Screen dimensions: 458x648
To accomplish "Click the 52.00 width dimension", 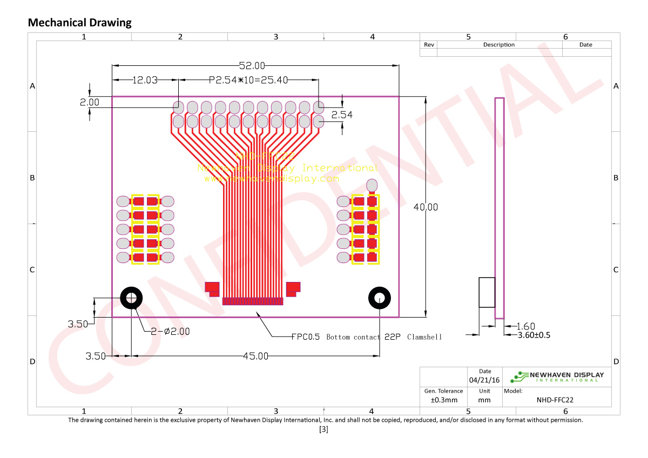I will coord(252,66).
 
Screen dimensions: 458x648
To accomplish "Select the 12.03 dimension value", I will coord(145,80).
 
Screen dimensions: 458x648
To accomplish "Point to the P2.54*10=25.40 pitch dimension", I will coord(248,80).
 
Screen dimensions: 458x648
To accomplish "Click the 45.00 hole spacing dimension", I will coord(255,356).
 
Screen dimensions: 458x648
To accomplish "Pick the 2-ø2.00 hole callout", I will coord(170,332).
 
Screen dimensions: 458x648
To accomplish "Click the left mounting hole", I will coord(131,298).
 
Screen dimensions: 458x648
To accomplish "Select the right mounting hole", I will coord(380,298).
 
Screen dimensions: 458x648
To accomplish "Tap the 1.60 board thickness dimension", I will coord(525,326).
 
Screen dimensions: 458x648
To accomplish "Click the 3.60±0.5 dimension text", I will coord(534,335).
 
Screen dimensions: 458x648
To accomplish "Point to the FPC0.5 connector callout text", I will coord(366,337).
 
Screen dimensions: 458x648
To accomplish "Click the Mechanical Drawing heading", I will coord(79,23).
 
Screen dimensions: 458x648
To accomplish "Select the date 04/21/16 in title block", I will coord(485,380).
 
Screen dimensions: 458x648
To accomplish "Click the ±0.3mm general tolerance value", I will coord(444,400).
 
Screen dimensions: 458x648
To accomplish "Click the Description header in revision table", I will coord(499,45).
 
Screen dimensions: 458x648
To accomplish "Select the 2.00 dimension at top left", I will coord(90,102).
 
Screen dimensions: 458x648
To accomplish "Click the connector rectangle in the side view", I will coord(487,293).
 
